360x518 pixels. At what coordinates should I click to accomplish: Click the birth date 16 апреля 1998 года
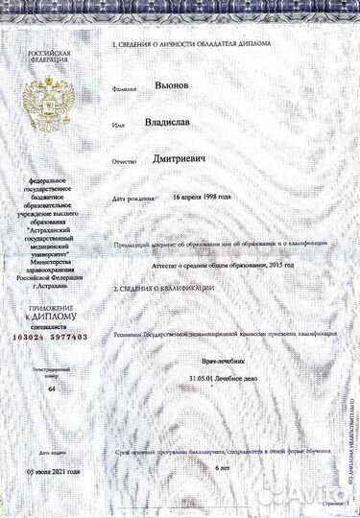[203, 196]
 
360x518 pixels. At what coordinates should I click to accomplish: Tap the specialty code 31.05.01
[205, 383]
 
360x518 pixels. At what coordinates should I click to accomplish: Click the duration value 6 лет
[224, 465]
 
